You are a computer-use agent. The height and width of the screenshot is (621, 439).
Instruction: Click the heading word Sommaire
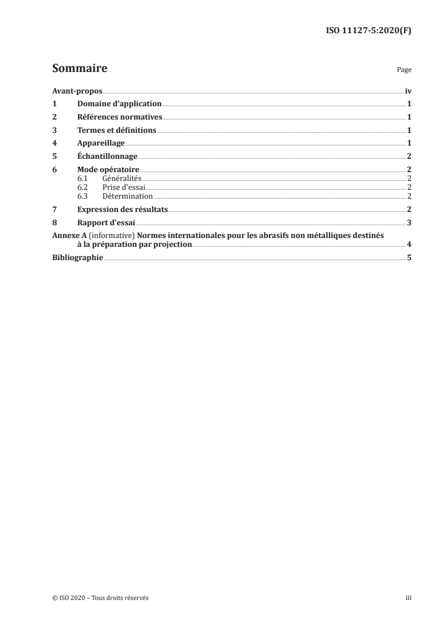79,69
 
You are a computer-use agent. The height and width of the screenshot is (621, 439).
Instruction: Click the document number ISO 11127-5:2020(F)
368,31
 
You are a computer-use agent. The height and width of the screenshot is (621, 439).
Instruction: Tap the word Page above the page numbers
404,70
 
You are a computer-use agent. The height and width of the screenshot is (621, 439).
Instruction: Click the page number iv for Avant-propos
408,91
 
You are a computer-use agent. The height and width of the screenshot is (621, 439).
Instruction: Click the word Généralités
122,178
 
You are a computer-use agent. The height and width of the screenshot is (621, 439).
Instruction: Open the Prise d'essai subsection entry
123,187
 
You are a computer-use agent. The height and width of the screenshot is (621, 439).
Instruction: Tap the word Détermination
127,196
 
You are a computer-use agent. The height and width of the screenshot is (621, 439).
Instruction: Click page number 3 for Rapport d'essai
409,223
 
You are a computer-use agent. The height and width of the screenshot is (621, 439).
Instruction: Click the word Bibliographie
77,257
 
